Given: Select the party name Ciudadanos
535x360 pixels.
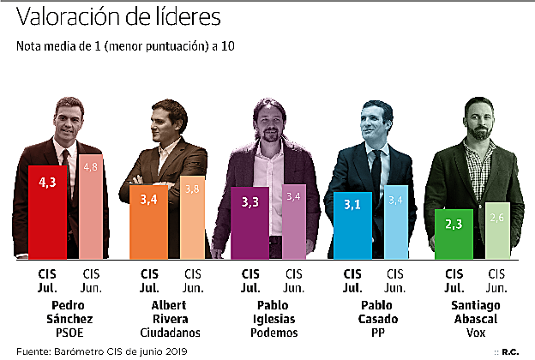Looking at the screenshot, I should click(172, 333).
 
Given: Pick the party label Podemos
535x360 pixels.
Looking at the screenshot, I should click(272, 333).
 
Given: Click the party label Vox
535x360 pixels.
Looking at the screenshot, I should click(473, 333).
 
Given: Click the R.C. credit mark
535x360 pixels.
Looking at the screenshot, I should click(511, 351).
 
